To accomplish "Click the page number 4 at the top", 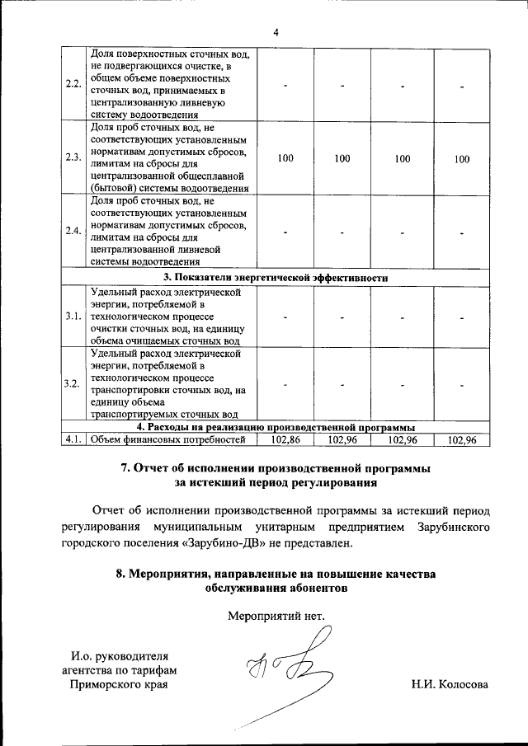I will point(276,32).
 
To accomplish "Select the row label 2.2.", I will point(72,86).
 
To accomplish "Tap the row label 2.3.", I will point(72,158).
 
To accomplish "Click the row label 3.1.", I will point(72,316).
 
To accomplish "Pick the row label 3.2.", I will point(72,384).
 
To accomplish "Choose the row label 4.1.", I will point(72,440).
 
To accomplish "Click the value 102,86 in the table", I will point(284,440).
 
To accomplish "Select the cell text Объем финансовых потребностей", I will point(168,440).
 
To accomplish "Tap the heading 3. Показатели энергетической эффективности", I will point(276,278).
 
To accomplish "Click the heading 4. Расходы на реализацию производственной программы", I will point(276,428).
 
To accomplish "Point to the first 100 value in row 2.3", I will point(285,158).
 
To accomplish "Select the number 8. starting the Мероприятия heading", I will point(121,574).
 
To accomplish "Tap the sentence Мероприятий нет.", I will point(276,615).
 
